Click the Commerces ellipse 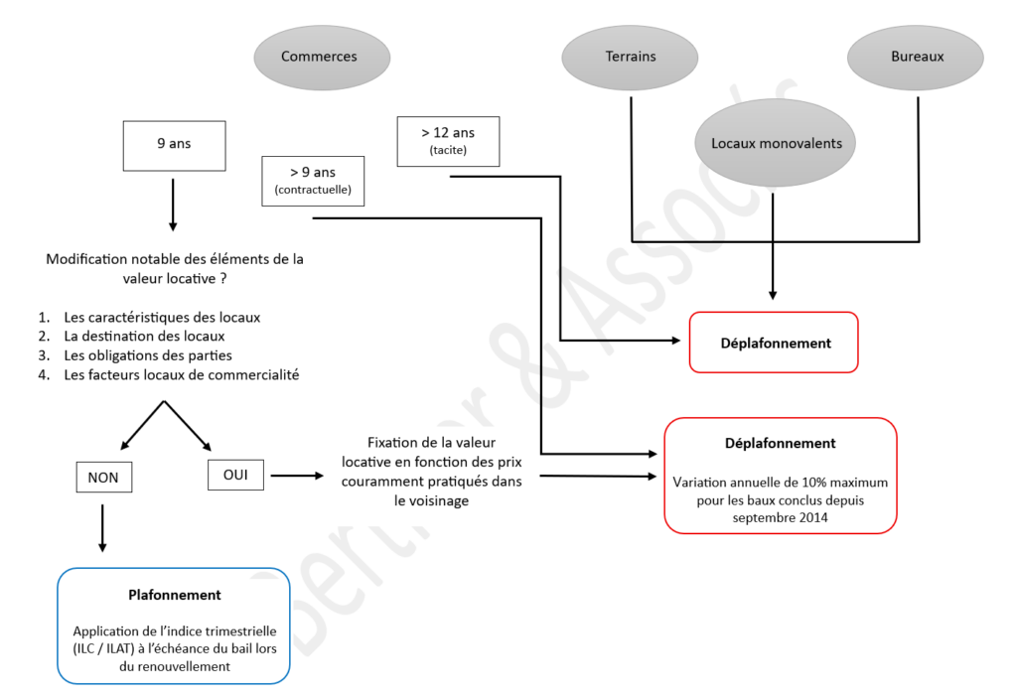(319, 57)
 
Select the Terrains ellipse (631, 57)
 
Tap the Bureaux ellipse (917, 57)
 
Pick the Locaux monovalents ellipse (776, 144)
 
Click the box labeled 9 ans (174, 144)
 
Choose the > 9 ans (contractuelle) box (313, 181)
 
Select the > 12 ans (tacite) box (448, 141)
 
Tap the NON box (102, 478)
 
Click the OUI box (235, 475)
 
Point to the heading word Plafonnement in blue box (175, 595)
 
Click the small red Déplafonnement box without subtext (774, 343)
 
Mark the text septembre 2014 (780, 517)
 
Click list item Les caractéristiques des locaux (162, 318)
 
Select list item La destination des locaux (144, 337)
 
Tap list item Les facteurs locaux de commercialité (182, 374)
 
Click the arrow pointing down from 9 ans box (174, 204)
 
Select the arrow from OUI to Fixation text (297, 476)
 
